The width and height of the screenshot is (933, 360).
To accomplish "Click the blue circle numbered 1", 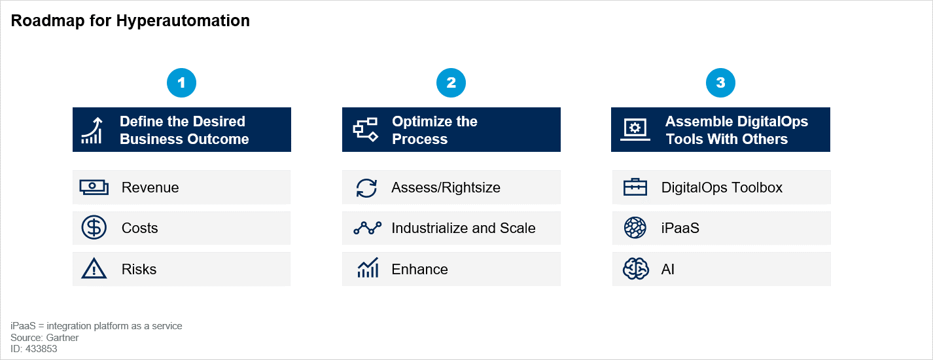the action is [181, 82].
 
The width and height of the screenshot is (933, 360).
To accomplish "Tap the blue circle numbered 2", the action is [451, 82].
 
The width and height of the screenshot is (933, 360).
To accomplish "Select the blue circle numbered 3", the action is [720, 82].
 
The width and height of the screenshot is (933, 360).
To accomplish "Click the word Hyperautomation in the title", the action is [183, 21].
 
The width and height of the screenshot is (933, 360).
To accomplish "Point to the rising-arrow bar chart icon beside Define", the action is [92, 130].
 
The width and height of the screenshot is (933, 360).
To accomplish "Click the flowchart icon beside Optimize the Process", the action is [365, 130].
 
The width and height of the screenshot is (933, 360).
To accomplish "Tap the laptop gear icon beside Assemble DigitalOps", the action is [635, 130].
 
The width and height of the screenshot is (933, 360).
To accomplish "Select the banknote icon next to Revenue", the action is [94, 187].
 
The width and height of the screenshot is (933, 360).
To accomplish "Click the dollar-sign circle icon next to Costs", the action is [94, 228].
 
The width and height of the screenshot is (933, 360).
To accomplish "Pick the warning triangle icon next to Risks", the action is [94, 269].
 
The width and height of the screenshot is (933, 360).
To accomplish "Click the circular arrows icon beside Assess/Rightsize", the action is [366, 188].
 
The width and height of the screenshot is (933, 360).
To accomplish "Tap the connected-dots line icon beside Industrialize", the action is [367, 228].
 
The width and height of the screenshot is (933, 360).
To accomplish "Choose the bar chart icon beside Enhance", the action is [368, 268].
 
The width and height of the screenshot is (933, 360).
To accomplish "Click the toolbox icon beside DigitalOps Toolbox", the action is [635, 187].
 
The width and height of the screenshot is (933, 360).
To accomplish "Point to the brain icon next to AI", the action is [635, 269].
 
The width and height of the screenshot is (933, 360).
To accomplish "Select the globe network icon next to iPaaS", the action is [635, 228].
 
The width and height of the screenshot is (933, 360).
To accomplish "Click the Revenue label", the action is [150, 187].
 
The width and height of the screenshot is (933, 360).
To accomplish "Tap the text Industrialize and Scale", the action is [463, 228].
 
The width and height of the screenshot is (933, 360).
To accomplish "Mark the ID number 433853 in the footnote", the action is [41, 349].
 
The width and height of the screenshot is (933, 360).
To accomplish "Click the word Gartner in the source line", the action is [62, 338].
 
